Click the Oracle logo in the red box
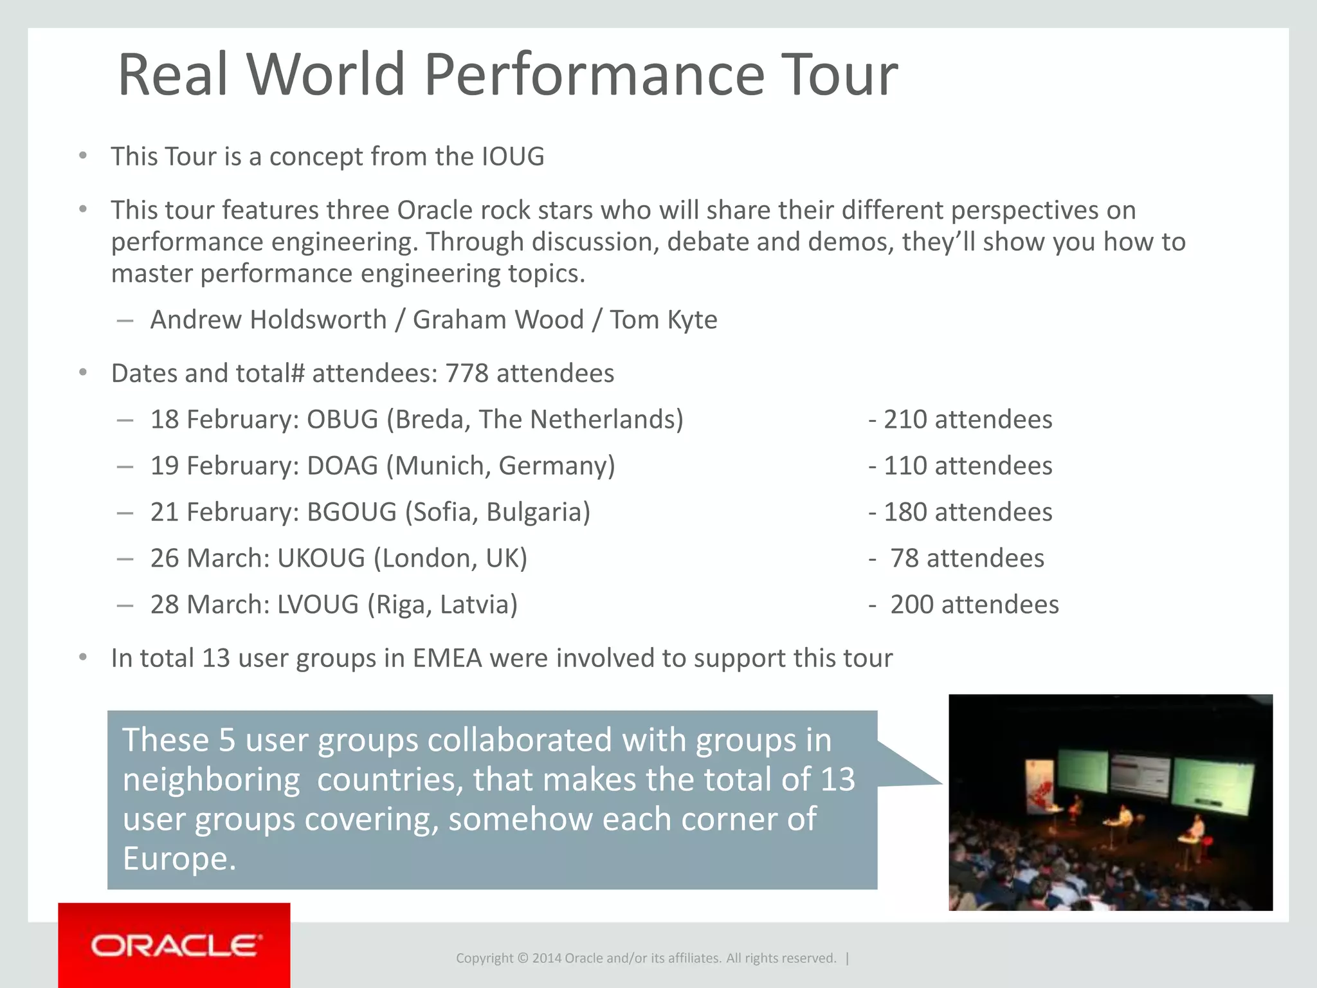175,946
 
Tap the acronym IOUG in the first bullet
513,157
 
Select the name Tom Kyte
663,320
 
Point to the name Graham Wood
498,320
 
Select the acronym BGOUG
351,512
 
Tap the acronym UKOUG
321,558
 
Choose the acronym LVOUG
318,605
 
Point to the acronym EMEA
447,659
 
